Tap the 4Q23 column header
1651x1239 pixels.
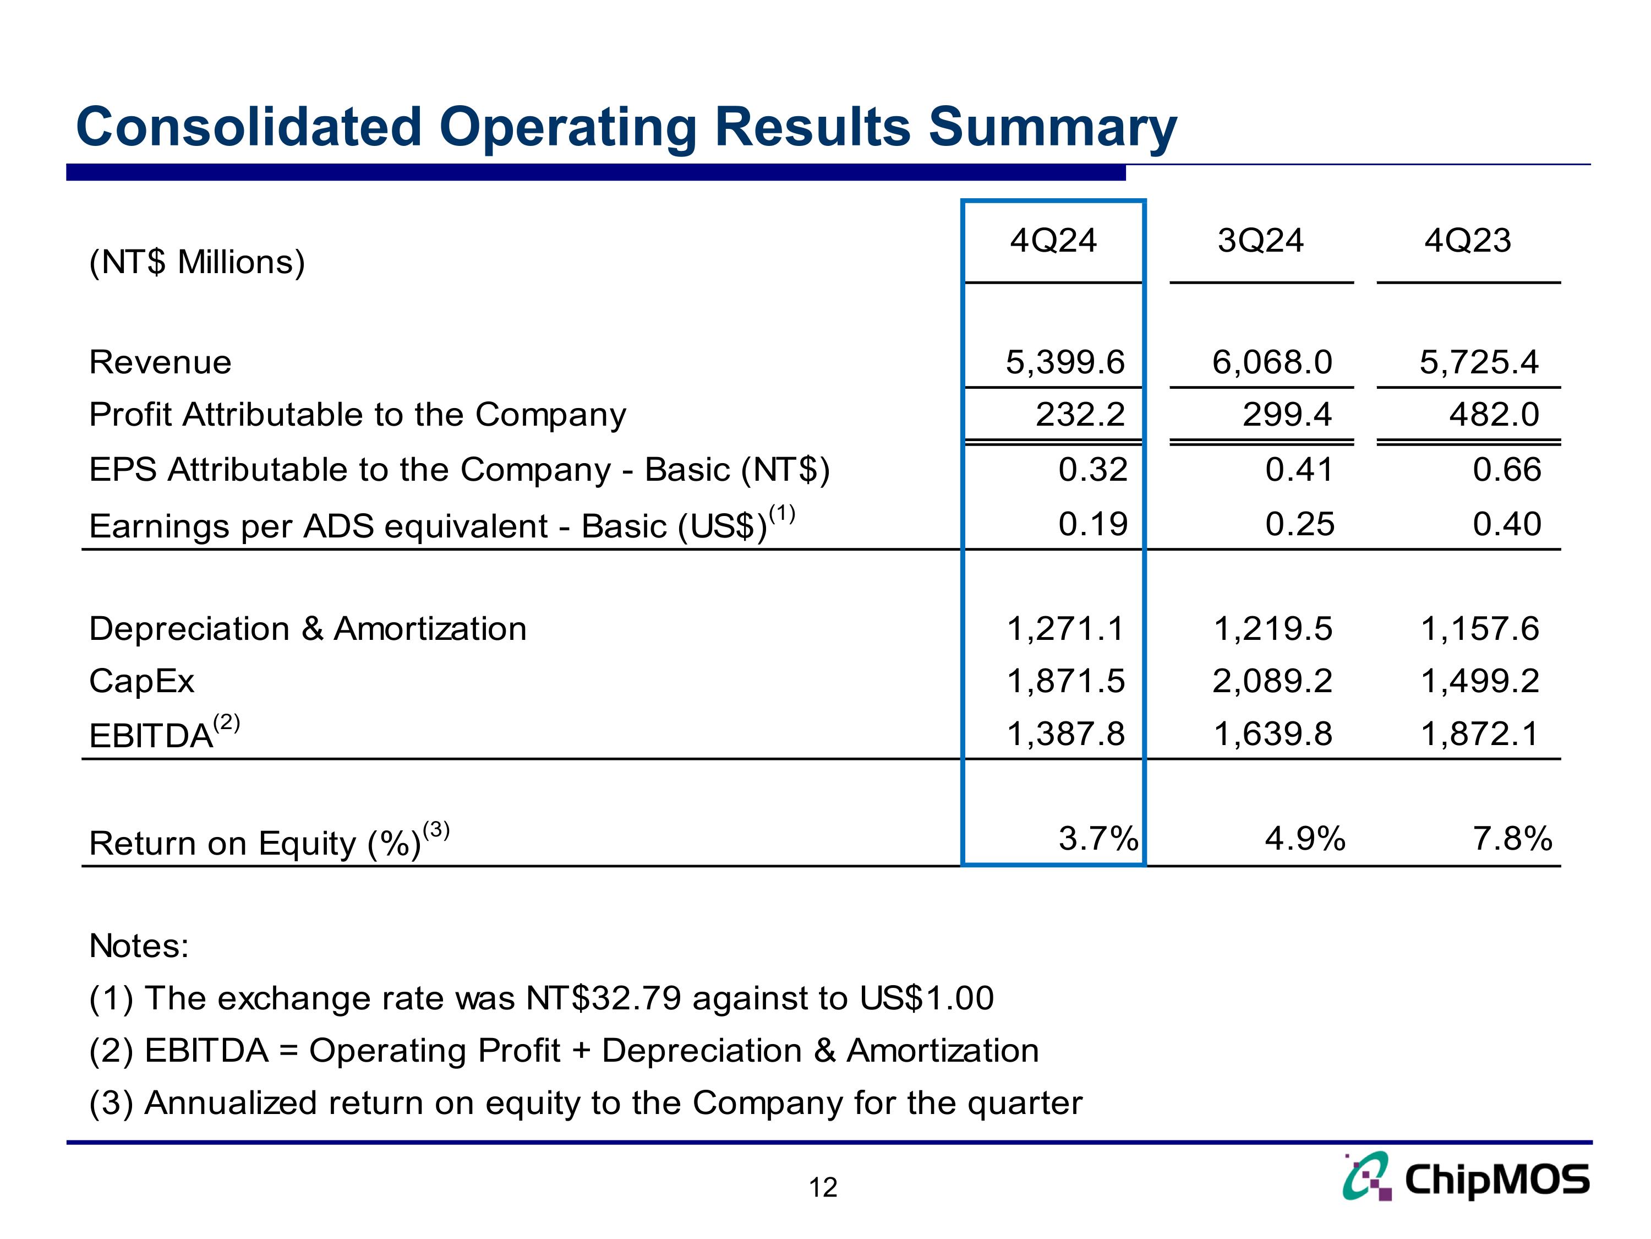click(x=1467, y=241)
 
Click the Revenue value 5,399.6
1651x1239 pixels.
click(x=1064, y=363)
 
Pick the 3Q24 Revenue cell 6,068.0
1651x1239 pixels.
click(x=1272, y=363)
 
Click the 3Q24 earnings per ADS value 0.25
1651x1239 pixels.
click(x=1299, y=524)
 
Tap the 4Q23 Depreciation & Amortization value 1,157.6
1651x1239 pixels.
click(x=1479, y=629)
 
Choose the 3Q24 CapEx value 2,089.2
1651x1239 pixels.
click(x=1272, y=681)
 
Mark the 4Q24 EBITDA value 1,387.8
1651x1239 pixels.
click(x=1065, y=734)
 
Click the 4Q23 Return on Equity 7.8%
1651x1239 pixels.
click(x=1512, y=839)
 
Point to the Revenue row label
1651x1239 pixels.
click(x=160, y=363)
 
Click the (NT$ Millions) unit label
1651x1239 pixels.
click(x=197, y=262)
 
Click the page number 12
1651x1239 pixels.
click(x=823, y=1187)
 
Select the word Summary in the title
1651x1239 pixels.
click(x=1052, y=128)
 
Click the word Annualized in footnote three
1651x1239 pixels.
click(x=231, y=1103)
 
